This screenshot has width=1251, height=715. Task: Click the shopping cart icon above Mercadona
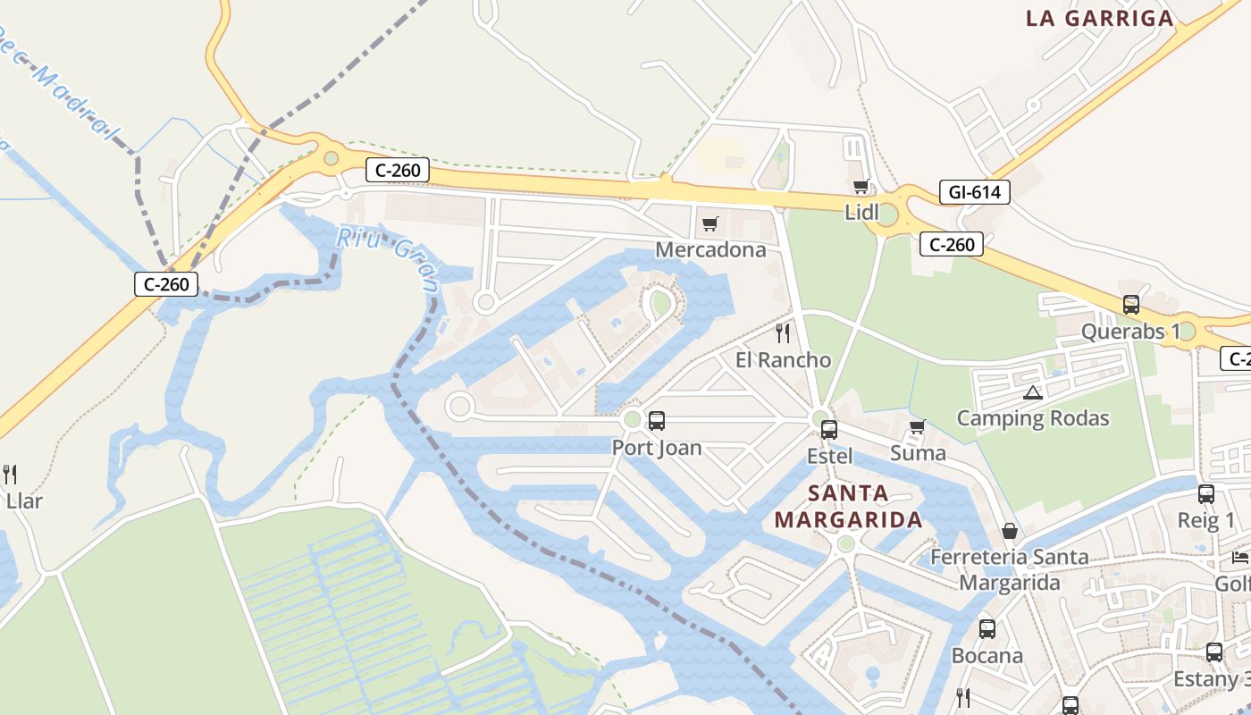[709, 223]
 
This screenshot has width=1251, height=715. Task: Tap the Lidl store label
[861, 213]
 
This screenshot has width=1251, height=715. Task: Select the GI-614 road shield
[974, 192]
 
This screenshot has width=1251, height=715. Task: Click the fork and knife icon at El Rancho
[783, 333]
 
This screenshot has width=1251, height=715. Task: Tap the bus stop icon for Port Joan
[657, 420]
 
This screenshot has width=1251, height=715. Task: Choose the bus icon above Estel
[829, 429]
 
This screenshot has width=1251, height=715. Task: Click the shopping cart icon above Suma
[917, 426]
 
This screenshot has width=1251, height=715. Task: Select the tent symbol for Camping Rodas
[1033, 391]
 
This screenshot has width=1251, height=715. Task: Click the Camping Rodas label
[1033, 418]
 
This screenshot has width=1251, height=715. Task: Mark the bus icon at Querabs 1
[1131, 305]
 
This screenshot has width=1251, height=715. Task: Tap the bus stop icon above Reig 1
[1206, 493]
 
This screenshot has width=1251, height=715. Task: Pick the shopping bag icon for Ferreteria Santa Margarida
[1010, 531]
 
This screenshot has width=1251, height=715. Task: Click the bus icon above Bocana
[987, 628]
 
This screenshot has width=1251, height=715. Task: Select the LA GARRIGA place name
[1099, 19]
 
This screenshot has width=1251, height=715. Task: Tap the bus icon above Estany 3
[1213, 652]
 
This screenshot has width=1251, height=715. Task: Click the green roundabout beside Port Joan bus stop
[633, 419]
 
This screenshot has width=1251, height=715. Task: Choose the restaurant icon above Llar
[10, 474]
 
